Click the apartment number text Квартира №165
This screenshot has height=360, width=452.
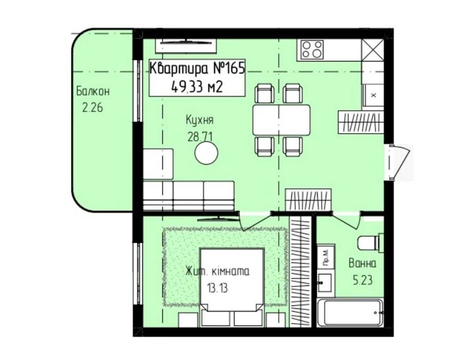197,68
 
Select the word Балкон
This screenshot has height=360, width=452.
93,92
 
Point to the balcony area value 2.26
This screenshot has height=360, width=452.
93,108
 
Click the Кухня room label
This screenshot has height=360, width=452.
200,120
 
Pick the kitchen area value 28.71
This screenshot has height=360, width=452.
200,137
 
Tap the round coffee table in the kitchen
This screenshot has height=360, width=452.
206,154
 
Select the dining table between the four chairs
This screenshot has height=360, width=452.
282,120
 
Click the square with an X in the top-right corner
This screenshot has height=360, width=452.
372,49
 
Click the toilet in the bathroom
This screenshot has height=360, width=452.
371,242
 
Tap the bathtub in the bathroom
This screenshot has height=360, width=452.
350,313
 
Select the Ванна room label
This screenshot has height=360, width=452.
363,263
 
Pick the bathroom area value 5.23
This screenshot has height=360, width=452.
363,280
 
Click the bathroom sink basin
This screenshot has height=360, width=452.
326,283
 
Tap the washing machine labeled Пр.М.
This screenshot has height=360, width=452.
326,257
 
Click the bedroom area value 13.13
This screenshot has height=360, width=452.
217,287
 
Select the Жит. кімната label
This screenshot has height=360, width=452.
218,272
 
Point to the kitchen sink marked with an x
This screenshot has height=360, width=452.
373,96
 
